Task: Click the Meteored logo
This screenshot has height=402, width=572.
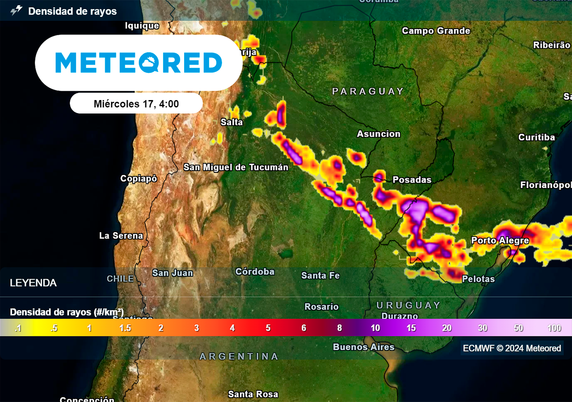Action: coord(139,63)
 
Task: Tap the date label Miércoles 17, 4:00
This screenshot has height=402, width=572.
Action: coord(136,104)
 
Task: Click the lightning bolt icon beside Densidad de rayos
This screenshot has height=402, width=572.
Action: coord(17,11)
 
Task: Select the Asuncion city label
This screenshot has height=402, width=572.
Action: coord(379,134)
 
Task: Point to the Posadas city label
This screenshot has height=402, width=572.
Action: coord(412,180)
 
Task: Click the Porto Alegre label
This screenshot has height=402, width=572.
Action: coord(500,240)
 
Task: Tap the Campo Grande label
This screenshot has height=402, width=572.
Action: coord(436,31)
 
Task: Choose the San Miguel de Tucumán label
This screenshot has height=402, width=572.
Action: coord(236,167)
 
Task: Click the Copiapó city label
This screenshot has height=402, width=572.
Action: coord(139,178)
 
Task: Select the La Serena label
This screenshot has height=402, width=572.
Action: coord(121,235)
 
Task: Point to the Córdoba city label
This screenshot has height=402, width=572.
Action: coord(255,271)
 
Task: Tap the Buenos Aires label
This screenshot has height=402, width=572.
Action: coord(364,347)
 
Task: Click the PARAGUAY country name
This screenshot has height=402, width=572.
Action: coord(368,91)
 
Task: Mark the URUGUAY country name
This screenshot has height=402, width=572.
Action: coord(408,305)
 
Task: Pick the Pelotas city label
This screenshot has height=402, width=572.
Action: coord(478,279)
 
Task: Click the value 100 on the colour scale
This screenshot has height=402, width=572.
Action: coord(554,328)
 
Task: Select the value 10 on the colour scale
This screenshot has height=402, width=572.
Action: coord(375,328)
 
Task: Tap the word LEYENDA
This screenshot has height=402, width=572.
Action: coord(33,283)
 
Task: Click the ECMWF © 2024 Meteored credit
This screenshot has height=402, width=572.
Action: coord(512,348)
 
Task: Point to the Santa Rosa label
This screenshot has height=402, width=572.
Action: coord(253,394)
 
